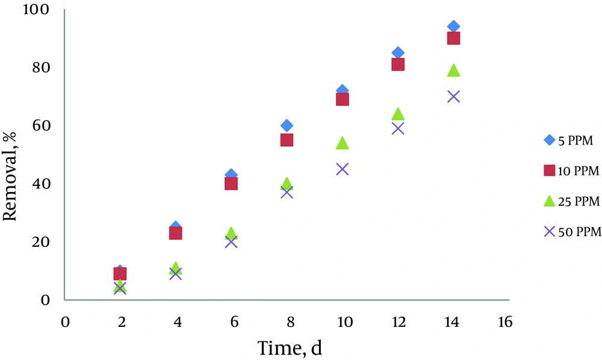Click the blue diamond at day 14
pos(453,26)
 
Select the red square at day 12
pos(398,64)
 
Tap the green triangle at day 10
pos(343,143)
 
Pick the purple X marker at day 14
pos(453,96)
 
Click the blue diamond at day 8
pos(287,125)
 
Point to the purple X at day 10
pos(343,169)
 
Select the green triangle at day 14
pos(453,70)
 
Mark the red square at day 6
pos(231,183)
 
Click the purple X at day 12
pos(398,128)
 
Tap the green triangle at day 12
pos(398,114)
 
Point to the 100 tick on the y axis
pos(37,10)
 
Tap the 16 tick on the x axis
pos(505,322)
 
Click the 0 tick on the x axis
pos(64,322)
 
